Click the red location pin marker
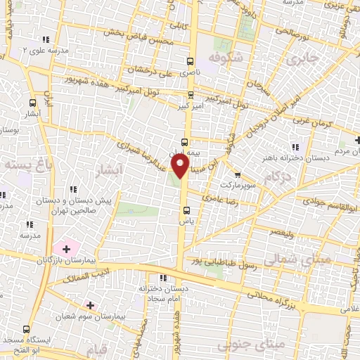coord(181,166)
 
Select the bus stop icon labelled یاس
coord(186,210)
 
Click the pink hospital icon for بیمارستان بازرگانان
coord(66,248)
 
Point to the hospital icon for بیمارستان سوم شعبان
coord(89,304)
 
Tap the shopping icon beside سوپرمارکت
coord(238,175)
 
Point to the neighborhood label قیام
coord(98,349)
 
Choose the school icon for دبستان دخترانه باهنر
coord(295,147)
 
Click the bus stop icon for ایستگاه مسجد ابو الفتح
coord(27,329)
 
